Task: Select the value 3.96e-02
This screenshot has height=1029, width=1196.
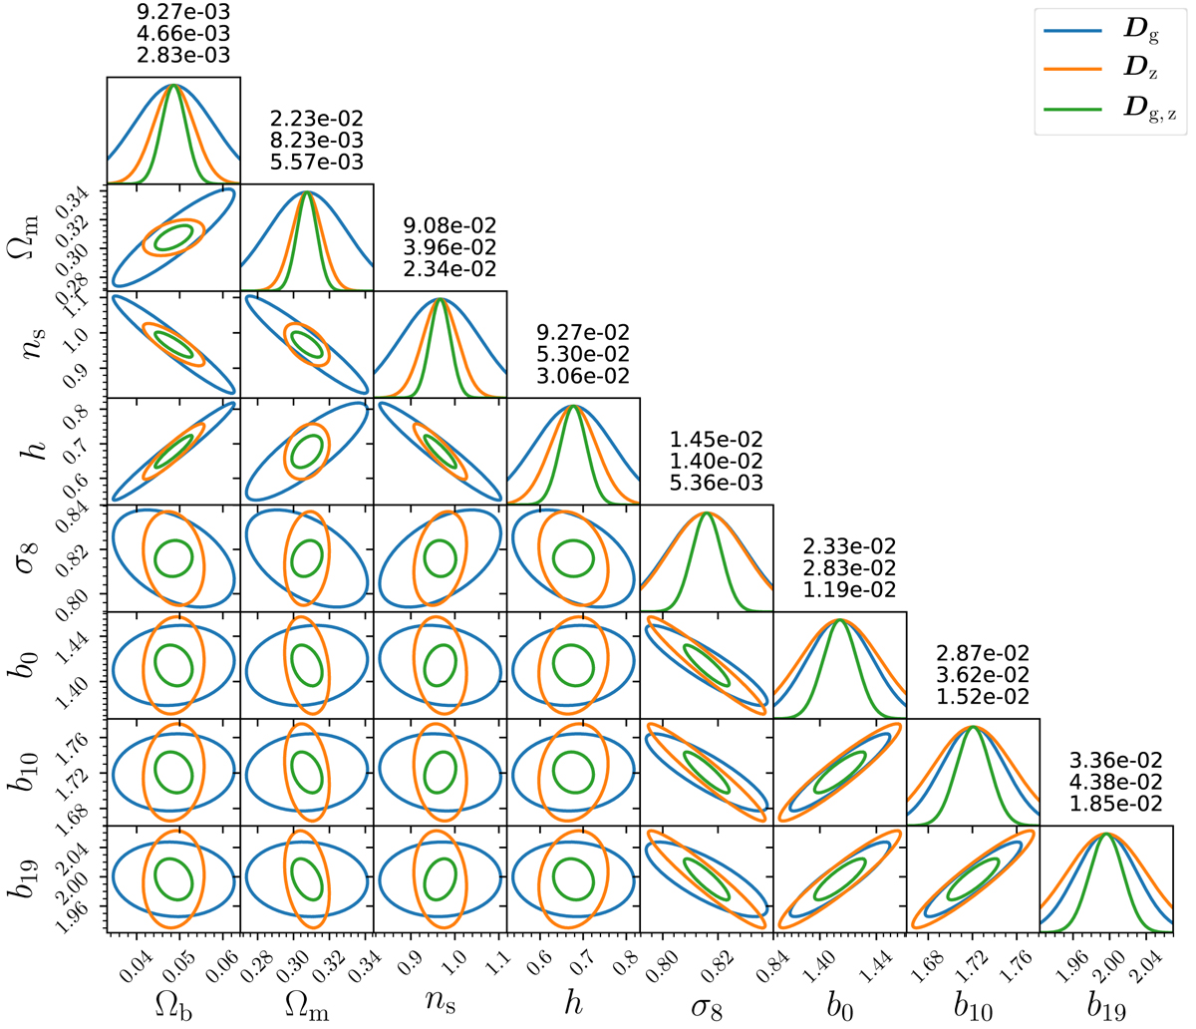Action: [x=441, y=247]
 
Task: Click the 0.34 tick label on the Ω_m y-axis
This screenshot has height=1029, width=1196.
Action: [x=87, y=200]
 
